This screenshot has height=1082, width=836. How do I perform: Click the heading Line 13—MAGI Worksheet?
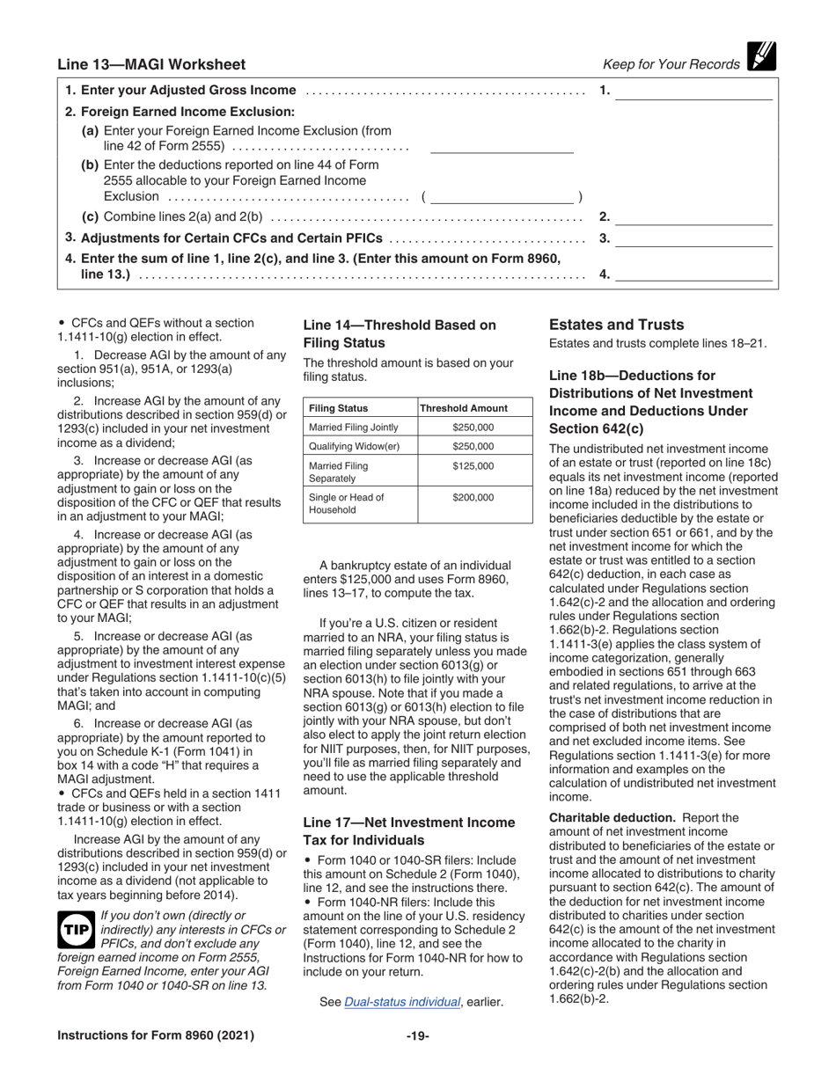pyautogui.click(x=151, y=64)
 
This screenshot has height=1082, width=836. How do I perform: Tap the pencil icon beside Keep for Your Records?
pyautogui.click(x=761, y=57)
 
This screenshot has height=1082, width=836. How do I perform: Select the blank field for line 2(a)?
pyautogui.click(x=501, y=146)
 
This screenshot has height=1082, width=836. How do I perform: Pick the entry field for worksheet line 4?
pyautogui.click(x=693, y=274)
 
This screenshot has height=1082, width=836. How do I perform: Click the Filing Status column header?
pyautogui.click(x=338, y=408)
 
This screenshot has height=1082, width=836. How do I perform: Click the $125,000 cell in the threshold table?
pyautogui.click(x=473, y=466)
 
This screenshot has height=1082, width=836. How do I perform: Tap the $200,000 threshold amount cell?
pyautogui.click(x=473, y=497)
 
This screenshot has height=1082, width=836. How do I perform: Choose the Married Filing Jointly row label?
pyautogui.click(x=354, y=428)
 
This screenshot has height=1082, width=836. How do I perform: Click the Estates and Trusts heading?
pyautogui.click(x=616, y=325)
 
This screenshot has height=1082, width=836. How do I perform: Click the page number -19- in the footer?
pyautogui.click(x=417, y=1035)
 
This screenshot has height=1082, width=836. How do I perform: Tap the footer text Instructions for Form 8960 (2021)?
pyautogui.click(x=156, y=1035)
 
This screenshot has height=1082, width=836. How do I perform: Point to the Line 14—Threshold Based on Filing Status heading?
pyautogui.click(x=400, y=333)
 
